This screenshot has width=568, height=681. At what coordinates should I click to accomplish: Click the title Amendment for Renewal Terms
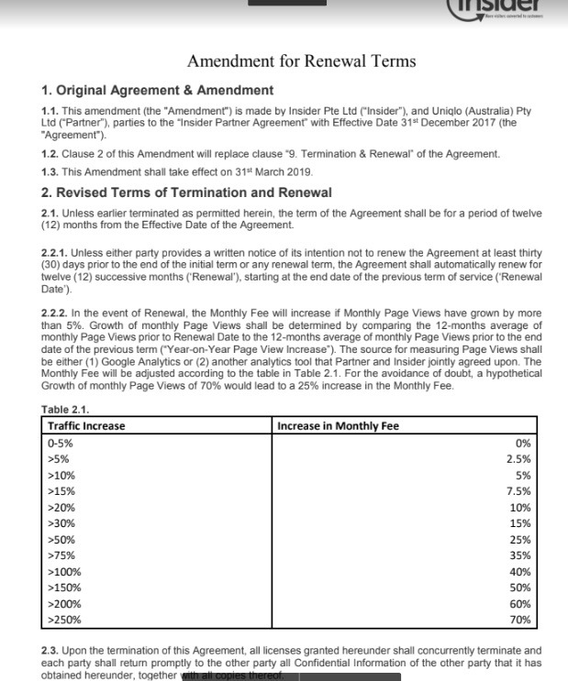click(x=301, y=61)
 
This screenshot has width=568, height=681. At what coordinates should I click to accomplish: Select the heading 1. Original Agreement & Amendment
click(x=158, y=90)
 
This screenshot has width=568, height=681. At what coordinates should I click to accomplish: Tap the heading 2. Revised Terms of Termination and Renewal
click(x=187, y=192)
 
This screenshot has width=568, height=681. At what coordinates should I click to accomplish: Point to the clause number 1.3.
click(x=50, y=171)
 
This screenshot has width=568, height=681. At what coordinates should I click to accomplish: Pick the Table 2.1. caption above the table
click(x=69, y=410)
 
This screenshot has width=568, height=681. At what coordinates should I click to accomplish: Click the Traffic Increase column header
click(x=85, y=425)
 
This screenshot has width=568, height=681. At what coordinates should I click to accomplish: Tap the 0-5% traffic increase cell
click(x=60, y=442)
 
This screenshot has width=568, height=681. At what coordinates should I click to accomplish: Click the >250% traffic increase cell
click(x=63, y=621)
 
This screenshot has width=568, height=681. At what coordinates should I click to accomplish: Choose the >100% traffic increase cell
click(x=63, y=571)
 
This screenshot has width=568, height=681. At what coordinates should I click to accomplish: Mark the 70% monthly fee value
click(x=520, y=621)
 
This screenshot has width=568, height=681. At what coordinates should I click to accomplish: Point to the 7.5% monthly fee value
click(x=519, y=491)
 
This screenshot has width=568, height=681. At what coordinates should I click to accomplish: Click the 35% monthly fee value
click(x=520, y=555)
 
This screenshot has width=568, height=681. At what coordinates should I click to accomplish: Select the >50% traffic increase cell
click(x=61, y=539)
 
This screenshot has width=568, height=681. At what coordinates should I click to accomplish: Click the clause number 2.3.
click(x=50, y=648)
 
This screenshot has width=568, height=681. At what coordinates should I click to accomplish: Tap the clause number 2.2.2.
click(x=55, y=313)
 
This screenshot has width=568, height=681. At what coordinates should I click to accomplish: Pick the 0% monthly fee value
click(x=524, y=442)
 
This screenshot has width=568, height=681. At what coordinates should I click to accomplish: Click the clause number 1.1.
click(x=50, y=110)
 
